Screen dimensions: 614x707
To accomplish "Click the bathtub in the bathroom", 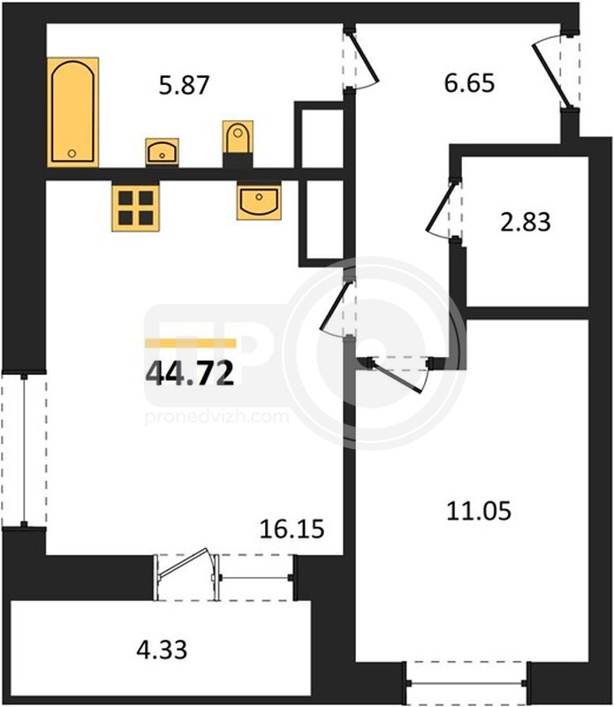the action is [x=72, y=112].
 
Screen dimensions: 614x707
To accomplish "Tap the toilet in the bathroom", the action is [x=238, y=138].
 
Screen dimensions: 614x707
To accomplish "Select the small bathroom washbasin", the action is [x=162, y=152].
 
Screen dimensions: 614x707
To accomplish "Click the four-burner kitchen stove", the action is [x=135, y=208].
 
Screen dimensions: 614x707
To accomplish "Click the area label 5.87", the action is [x=185, y=85].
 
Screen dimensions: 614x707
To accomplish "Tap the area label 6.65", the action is [x=469, y=83].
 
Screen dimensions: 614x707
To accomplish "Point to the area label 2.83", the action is [x=525, y=223].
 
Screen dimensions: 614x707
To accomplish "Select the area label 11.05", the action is [x=479, y=512].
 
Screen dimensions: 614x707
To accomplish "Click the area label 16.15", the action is [x=292, y=528].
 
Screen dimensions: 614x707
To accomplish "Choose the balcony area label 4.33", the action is [x=162, y=650].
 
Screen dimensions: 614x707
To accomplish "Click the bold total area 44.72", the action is [x=190, y=374].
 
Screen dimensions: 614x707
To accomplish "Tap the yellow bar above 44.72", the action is [x=190, y=344].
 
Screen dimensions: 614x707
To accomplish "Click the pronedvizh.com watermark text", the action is [x=216, y=417].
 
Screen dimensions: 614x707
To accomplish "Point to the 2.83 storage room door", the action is [x=443, y=209].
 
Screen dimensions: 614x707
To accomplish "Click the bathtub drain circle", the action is [x=72, y=154].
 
